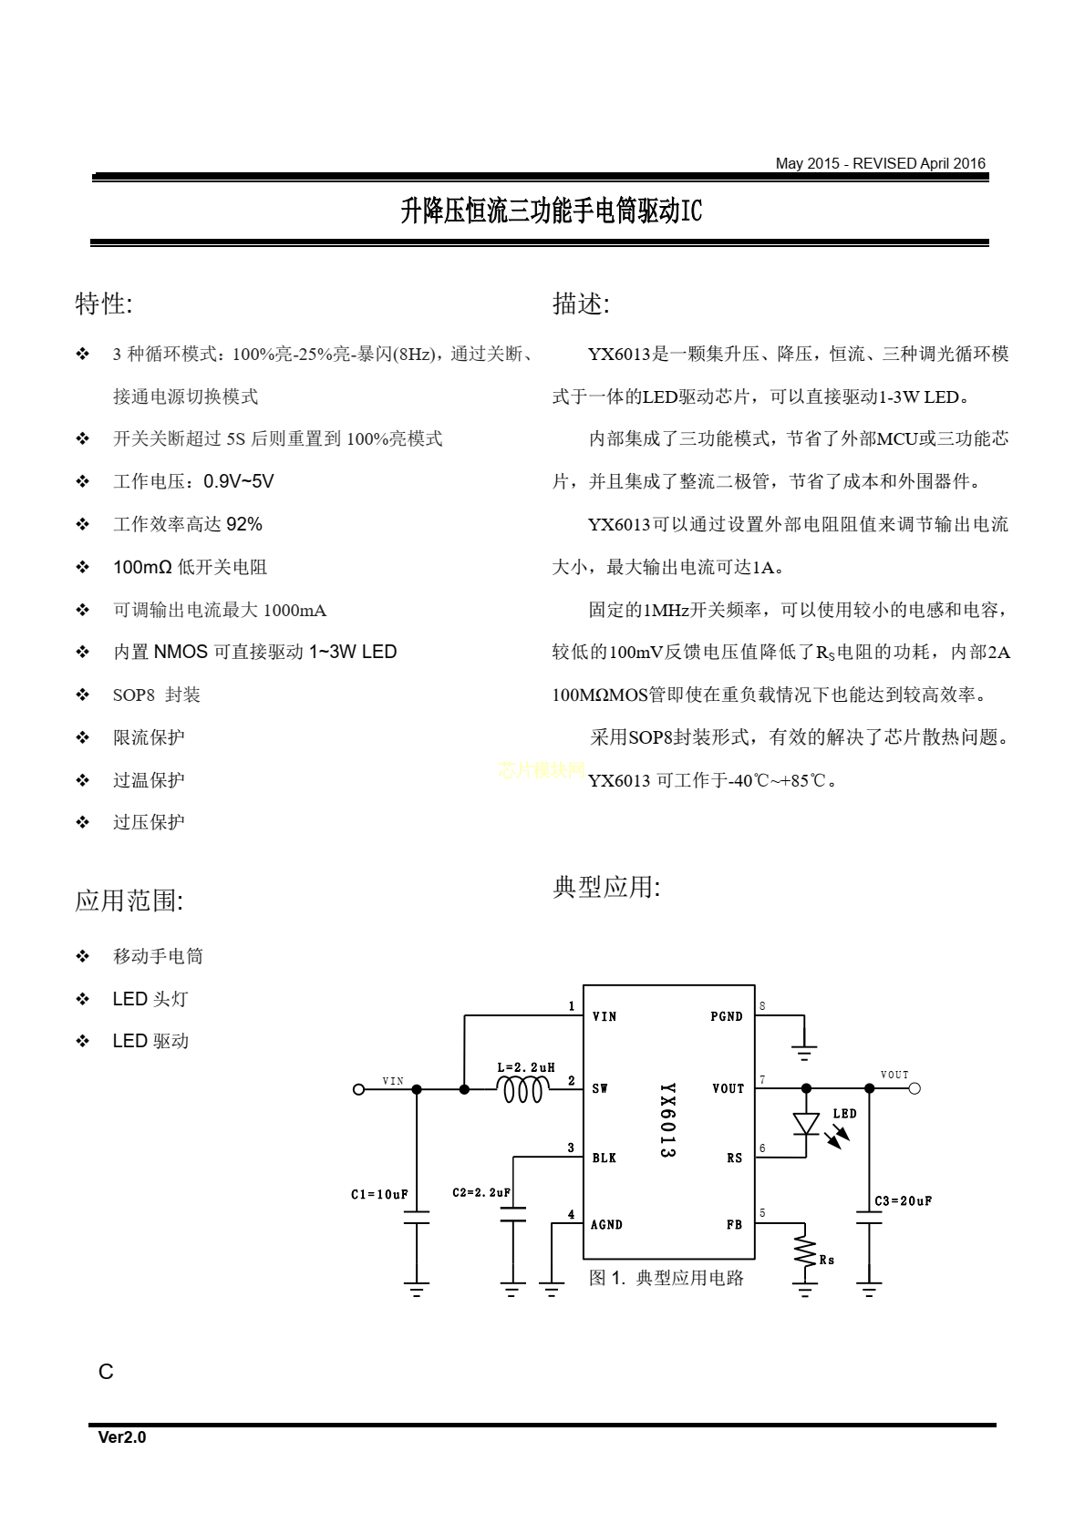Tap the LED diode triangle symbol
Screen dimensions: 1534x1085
(x=806, y=1124)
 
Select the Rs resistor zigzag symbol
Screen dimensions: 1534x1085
(x=805, y=1251)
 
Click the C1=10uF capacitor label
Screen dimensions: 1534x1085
(x=379, y=1194)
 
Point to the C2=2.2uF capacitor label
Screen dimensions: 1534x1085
(x=481, y=1192)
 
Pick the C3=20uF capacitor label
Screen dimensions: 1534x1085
(x=903, y=1201)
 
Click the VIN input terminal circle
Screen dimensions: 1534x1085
(x=358, y=1089)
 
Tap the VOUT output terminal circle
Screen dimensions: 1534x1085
(x=914, y=1088)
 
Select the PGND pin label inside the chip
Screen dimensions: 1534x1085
(x=727, y=1016)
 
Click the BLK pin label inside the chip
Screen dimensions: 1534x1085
(x=604, y=1158)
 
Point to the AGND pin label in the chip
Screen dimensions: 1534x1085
(x=606, y=1225)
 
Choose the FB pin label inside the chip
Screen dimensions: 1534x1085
(x=734, y=1225)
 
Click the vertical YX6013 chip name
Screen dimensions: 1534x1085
(x=667, y=1120)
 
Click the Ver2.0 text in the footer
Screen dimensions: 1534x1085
(x=122, y=1437)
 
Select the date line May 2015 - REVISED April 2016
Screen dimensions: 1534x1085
(x=880, y=164)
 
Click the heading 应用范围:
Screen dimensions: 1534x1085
(x=129, y=901)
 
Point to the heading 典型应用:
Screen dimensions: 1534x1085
(x=606, y=887)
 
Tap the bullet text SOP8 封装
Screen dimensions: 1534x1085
(x=157, y=695)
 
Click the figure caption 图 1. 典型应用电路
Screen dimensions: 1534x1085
(x=666, y=1278)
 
